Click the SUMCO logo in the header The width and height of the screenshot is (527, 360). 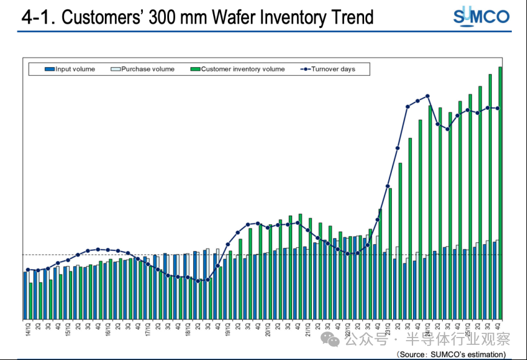(482, 16)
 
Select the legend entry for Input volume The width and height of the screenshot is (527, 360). (70, 69)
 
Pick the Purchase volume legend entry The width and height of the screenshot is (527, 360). (143, 69)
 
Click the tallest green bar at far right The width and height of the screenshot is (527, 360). (500, 182)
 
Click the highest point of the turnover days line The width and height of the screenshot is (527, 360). (428, 96)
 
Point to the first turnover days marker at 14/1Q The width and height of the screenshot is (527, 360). (28, 270)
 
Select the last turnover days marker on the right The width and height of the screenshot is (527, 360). (498, 108)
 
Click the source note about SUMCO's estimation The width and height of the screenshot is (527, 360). (451, 354)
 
